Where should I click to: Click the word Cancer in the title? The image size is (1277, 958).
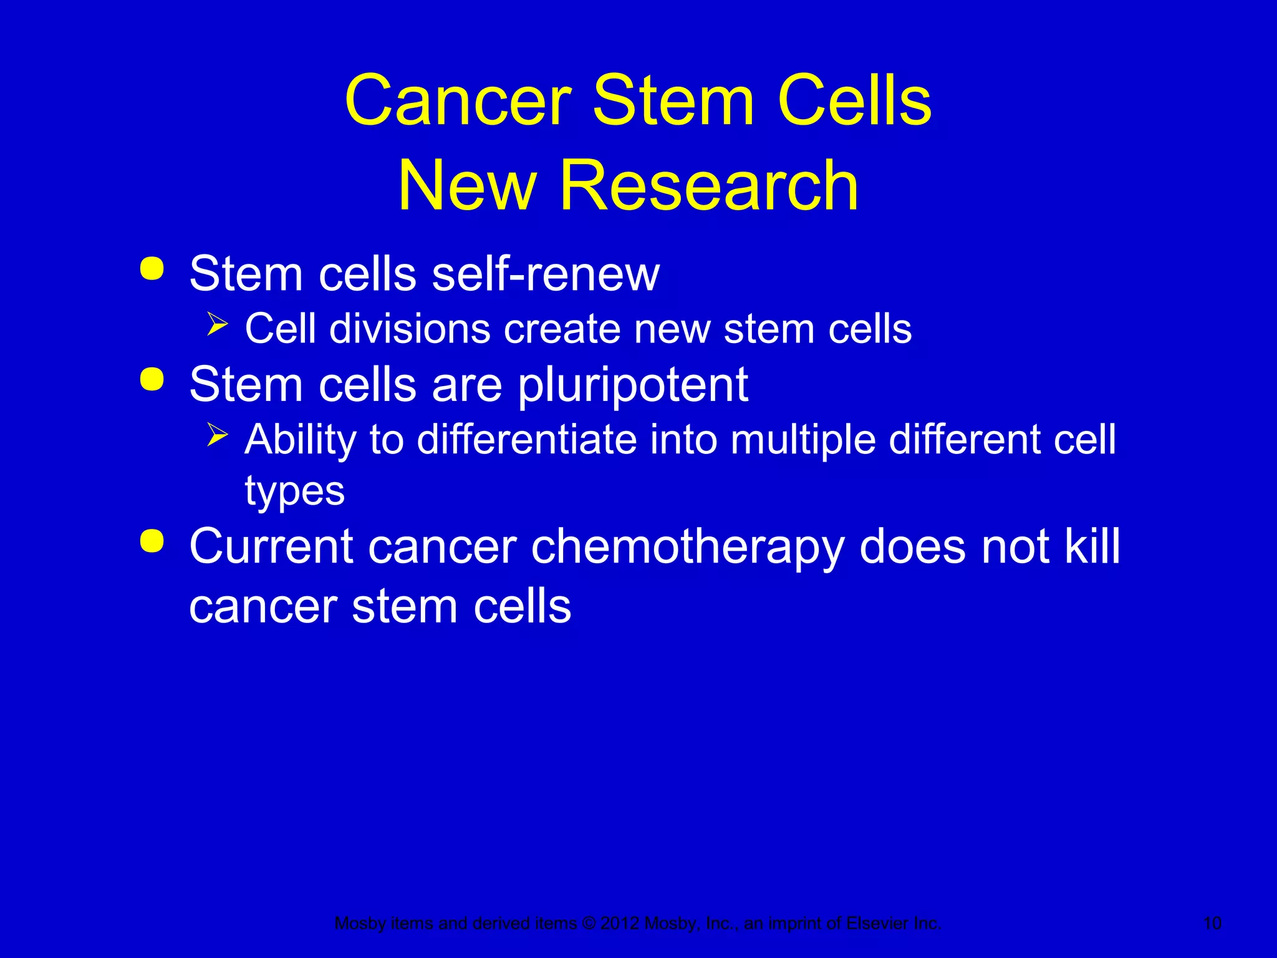pyautogui.click(x=458, y=101)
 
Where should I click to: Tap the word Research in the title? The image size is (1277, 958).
pyautogui.click(x=709, y=186)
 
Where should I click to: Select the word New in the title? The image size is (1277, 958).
pyautogui.click(x=468, y=186)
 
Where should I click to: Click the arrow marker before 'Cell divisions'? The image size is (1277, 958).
pyautogui.click(x=217, y=324)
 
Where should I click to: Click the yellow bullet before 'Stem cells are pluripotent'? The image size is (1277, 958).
pyautogui.click(x=152, y=379)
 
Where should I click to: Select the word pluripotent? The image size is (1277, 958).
pyautogui.click(x=633, y=385)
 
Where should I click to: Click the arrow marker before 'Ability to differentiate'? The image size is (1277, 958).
pyautogui.click(x=217, y=434)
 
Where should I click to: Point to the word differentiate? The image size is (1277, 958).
pyautogui.click(x=527, y=440)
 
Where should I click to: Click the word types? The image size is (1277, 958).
pyautogui.click(x=294, y=491)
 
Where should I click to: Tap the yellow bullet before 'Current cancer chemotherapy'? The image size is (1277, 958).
pyautogui.click(x=152, y=541)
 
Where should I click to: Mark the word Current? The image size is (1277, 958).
pyautogui.click(x=271, y=546)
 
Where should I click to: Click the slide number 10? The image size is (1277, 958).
pyautogui.click(x=1212, y=923)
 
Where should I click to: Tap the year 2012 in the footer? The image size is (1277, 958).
pyautogui.click(x=619, y=923)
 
